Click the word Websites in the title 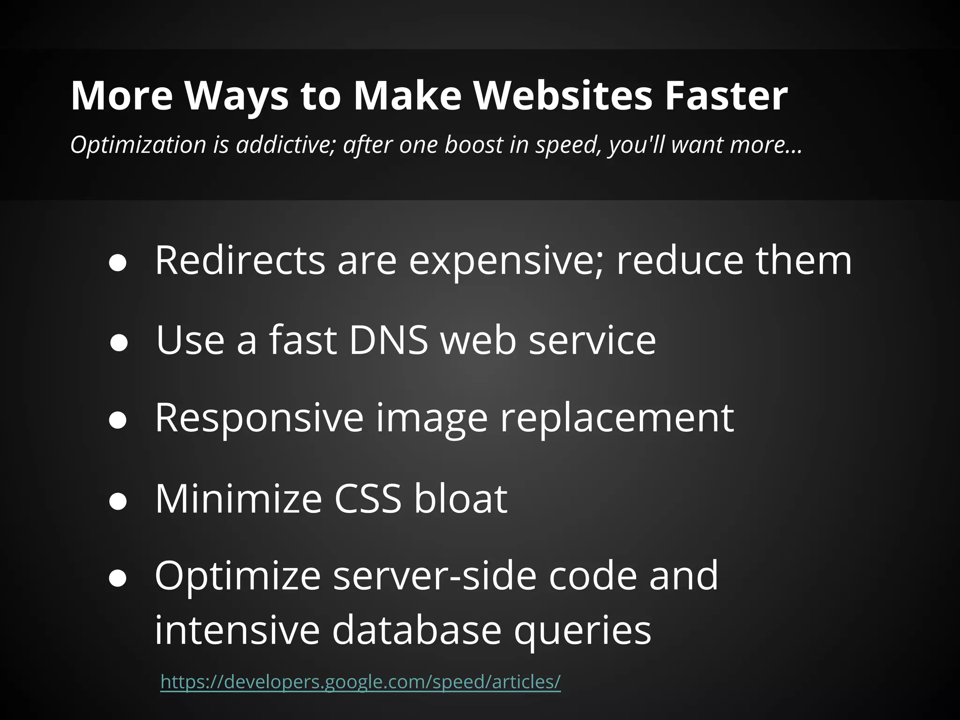pyautogui.click(x=563, y=96)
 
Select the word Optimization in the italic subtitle pyautogui.click(x=138, y=144)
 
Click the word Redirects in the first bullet pyautogui.click(x=240, y=261)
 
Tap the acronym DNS pyautogui.click(x=389, y=340)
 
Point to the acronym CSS pyautogui.click(x=367, y=498)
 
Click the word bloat pyautogui.click(x=460, y=498)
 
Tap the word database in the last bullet pyautogui.click(x=417, y=630)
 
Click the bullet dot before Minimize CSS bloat pyautogui.click(x=118, y=501)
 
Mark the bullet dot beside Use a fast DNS pyautogui.click(x=118, y=343)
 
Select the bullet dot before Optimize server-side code pyautogui.click(x=118, y=578)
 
